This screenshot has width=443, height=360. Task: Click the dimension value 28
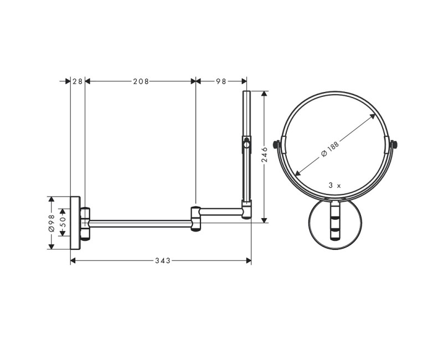pyautogui.click(x=78, y=81)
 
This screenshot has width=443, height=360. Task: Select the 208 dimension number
pyautogui.click(x=141, y=81)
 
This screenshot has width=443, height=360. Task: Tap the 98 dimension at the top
pyautogui.click(x=221, y=81)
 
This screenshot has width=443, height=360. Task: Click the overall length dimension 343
pyautogui.click(x=162, y=260)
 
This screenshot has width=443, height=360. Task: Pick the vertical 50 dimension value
pyautogui.click(x=63, y=222)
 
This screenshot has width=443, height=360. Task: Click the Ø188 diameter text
pyautogui.click(x=330, y=148)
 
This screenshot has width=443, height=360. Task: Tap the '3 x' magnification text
pyautogui.click(x=334, y=186)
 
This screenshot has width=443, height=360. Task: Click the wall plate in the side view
pyautogui.click(x=76, y=222)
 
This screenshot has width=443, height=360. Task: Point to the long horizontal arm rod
pyautogui.click(x=141, y=223)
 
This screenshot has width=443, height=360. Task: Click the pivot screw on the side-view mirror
pyautogui.click(x=245, y=147)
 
